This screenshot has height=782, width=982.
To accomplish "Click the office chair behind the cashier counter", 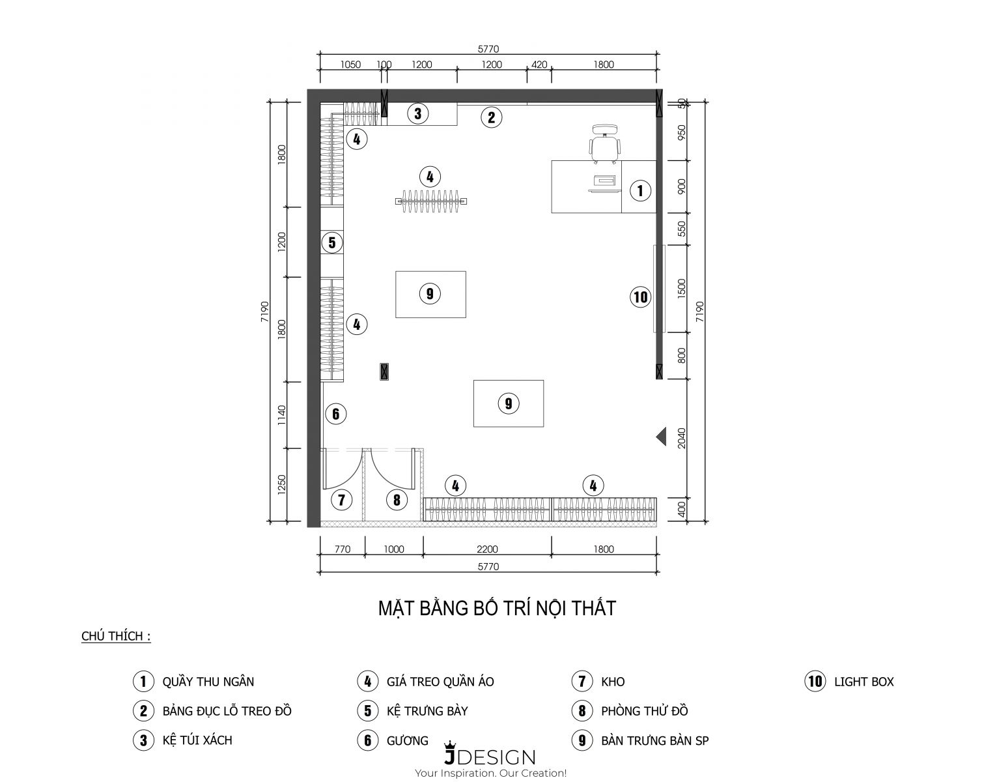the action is [605, 143].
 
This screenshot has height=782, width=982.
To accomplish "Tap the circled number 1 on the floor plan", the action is [640, 190].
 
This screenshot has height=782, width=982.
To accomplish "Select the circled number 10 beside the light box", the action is [640, 297].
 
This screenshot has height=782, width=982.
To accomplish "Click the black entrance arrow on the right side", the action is [661, 436].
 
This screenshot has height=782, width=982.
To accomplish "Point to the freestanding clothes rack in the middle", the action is [431, 201].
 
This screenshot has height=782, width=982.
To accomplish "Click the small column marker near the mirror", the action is [384, 372].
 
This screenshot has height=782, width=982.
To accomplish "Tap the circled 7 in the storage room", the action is [342, 500].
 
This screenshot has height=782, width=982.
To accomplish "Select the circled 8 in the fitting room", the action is [397, 500].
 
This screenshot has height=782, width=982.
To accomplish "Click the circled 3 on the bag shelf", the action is [417, 113].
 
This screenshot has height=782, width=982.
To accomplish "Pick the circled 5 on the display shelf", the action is [331, 242].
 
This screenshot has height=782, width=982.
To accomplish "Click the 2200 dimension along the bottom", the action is [487, 549].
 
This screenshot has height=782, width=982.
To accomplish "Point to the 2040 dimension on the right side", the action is [681, 437].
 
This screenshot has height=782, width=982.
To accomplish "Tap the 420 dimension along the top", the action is [539, 65].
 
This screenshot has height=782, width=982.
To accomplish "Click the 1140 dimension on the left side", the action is [281, 415].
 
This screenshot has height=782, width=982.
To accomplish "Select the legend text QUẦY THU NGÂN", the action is [208, 681].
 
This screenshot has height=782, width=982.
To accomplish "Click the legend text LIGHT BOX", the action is [864, 682].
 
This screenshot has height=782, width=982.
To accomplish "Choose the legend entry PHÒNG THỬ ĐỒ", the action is [644, 710].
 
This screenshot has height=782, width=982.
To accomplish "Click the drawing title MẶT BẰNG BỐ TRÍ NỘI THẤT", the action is [497, 608].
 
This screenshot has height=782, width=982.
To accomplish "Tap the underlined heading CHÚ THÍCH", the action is [116, 636].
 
